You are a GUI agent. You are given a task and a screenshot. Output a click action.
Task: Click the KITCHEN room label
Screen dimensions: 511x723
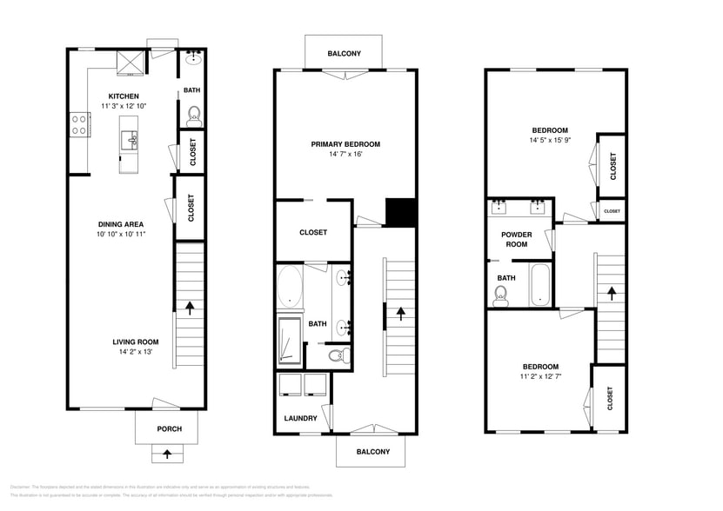(x=124, y=96)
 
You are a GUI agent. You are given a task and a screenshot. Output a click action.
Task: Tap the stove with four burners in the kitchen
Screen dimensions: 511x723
(x=80, y=125)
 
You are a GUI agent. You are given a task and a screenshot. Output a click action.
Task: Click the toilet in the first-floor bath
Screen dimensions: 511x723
(x=193, y=115)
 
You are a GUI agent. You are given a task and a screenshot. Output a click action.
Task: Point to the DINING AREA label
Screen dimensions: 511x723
(x=120, y=224)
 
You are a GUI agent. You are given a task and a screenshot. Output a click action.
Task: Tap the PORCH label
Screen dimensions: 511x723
(x=169, y=428)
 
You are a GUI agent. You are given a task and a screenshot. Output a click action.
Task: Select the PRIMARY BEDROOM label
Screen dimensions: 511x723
(x=345, y=144)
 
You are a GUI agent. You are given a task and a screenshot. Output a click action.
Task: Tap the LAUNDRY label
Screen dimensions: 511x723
(x=300, y=418)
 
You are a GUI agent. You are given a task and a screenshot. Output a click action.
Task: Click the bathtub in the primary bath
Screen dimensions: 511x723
(x=290, y=289)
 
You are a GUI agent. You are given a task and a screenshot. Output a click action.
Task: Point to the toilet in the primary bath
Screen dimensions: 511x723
(x=338, y=355)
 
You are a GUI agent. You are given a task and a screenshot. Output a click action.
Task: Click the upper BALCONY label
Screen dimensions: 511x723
(x=344, y=54)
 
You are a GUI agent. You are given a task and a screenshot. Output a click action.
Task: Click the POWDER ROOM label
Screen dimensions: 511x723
(x=515, y=240)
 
